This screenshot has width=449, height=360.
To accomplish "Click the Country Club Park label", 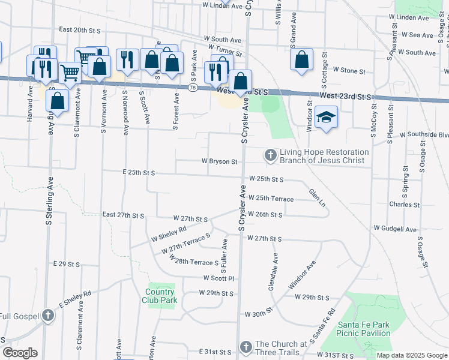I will pos(160,296).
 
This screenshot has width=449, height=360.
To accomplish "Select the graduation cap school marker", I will pos(326,117).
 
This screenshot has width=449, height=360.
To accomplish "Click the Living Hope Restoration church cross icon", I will pos(270,156).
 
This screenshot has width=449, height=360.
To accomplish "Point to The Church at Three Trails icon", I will pos(246,347).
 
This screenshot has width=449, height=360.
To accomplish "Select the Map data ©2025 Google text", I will pos(411,355).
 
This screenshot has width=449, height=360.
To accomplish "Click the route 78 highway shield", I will pos(192,88).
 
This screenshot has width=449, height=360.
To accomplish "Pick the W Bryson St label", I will pos(220,161).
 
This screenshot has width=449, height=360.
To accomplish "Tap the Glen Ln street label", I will pos(317,198).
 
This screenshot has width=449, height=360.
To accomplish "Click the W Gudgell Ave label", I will pos(395,229).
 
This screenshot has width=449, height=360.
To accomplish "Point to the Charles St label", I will pos(405,205).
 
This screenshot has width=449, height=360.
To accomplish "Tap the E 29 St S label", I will pos(66,264).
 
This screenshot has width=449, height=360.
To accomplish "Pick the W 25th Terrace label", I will pos(271,199).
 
